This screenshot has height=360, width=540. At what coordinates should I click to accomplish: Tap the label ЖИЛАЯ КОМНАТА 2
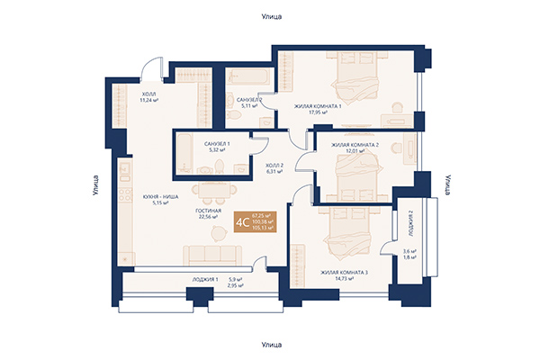[355, 145]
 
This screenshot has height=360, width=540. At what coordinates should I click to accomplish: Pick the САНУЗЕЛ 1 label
[218, 144]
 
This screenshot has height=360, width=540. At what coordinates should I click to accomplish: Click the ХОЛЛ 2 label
[274, 166]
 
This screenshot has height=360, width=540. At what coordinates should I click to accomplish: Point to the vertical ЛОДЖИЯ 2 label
[409, 221]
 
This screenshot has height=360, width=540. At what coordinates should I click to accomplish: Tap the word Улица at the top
[270, 16]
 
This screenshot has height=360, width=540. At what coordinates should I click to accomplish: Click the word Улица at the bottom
[270, 344]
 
